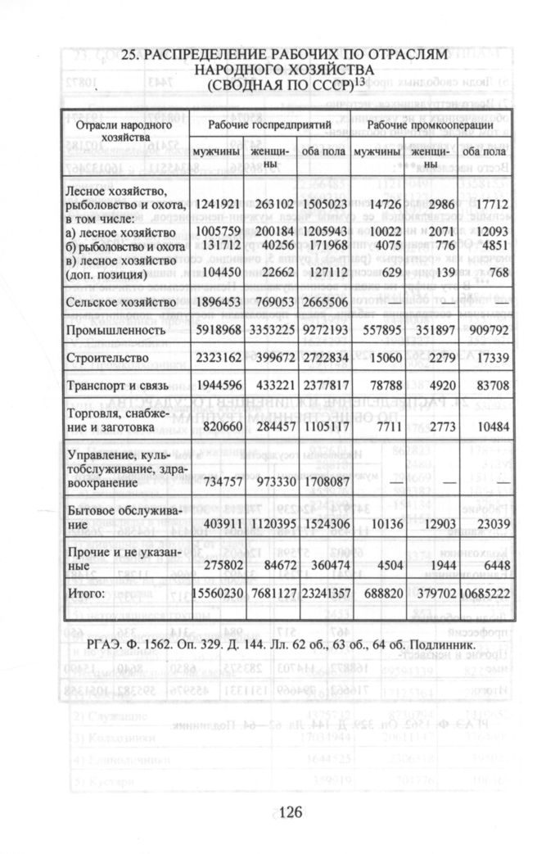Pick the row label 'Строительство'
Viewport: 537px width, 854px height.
[x=107, y=358]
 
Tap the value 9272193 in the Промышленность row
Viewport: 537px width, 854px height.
[x=322, y=331]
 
